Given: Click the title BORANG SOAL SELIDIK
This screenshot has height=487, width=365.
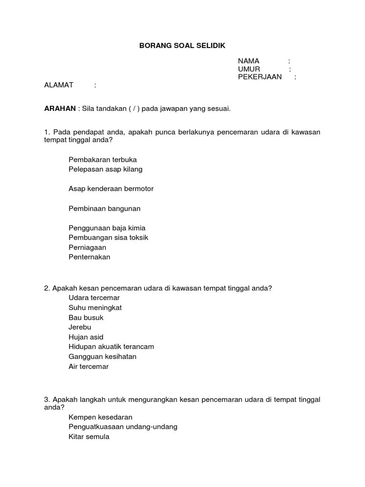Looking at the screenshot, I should [x=182, y=46].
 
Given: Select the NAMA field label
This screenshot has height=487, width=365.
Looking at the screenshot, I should [x=249, y=61].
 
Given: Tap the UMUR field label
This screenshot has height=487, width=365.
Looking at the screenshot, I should [x=249, y=69].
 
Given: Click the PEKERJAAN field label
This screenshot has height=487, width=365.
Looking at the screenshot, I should [x=260, y=77].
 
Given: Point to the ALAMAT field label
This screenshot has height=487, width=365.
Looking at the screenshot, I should [x=58, y=85].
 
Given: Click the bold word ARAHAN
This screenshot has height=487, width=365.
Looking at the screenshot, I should [x=60, y=108].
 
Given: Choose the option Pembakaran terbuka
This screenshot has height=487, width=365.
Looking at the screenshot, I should [x=103, y=159].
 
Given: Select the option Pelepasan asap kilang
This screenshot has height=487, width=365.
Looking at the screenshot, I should [x=106, y=169].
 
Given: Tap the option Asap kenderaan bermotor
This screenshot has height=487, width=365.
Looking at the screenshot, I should [x=111, y=188].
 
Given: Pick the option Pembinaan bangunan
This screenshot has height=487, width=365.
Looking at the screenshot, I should [x=105, y=208].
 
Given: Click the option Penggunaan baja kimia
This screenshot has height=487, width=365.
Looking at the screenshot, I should [x=107, y=228].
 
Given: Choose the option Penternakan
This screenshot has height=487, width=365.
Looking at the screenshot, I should [x=89, y=257].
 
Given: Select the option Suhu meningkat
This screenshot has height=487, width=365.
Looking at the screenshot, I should [x=95, y=307].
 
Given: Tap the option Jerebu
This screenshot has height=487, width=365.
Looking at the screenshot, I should [x=80, y=327].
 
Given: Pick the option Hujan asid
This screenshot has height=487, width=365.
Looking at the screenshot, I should [x=86, y=337].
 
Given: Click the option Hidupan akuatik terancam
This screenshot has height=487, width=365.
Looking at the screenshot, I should [x=111, y=347].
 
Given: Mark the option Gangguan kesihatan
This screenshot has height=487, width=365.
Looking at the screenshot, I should [x=102, y=356].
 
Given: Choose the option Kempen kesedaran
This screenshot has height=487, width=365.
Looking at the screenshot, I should [x=100, y=417].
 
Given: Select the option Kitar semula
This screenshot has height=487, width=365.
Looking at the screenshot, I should [x=89, y=436].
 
